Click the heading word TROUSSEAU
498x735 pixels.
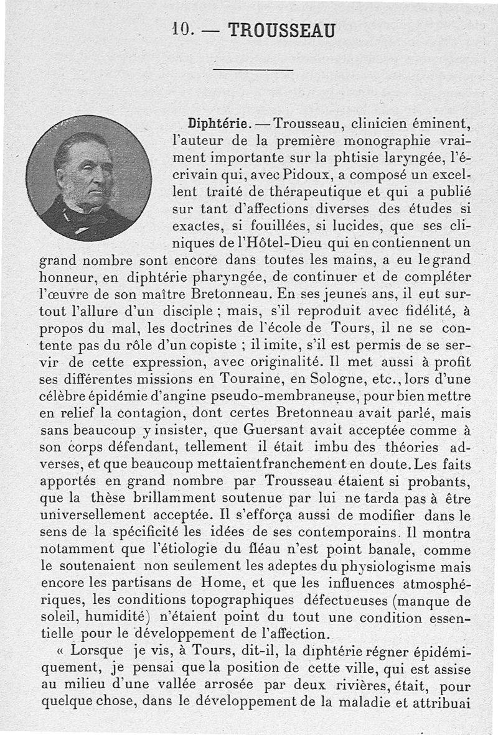click(282, 29)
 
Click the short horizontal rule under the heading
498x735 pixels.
click(252, 69)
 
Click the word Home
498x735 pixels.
click(200, 583)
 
